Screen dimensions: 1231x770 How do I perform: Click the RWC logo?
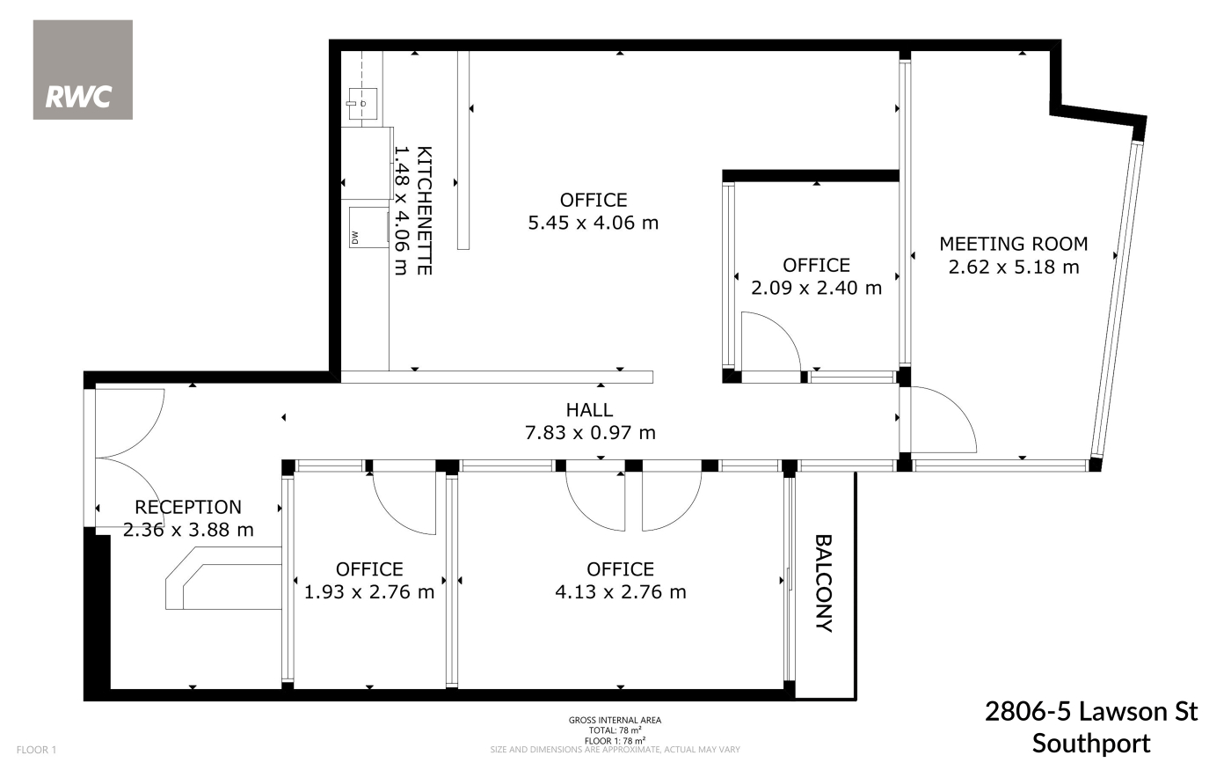pos(83,70)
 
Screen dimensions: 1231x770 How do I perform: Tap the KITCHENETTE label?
pos(424,210)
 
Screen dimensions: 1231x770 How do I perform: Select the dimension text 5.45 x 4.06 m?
pos(593,223)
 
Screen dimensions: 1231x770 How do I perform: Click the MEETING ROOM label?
pos(1013,244)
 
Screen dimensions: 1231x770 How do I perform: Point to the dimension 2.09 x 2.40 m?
pos(816,288)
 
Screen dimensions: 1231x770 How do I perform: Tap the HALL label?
pos(590,410)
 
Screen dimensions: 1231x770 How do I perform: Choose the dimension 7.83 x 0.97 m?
pos(590,433)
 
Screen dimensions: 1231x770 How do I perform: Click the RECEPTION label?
pos(188,507)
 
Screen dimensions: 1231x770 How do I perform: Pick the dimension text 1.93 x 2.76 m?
pos(368,591)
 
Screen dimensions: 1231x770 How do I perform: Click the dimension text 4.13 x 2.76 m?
pos(621,591)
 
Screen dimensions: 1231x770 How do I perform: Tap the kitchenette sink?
pos(362,104)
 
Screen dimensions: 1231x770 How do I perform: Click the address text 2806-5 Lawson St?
pos(1091,712)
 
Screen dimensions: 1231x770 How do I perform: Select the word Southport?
pos(1091,744)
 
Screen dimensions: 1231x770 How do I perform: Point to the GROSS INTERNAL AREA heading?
pos(615,720)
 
